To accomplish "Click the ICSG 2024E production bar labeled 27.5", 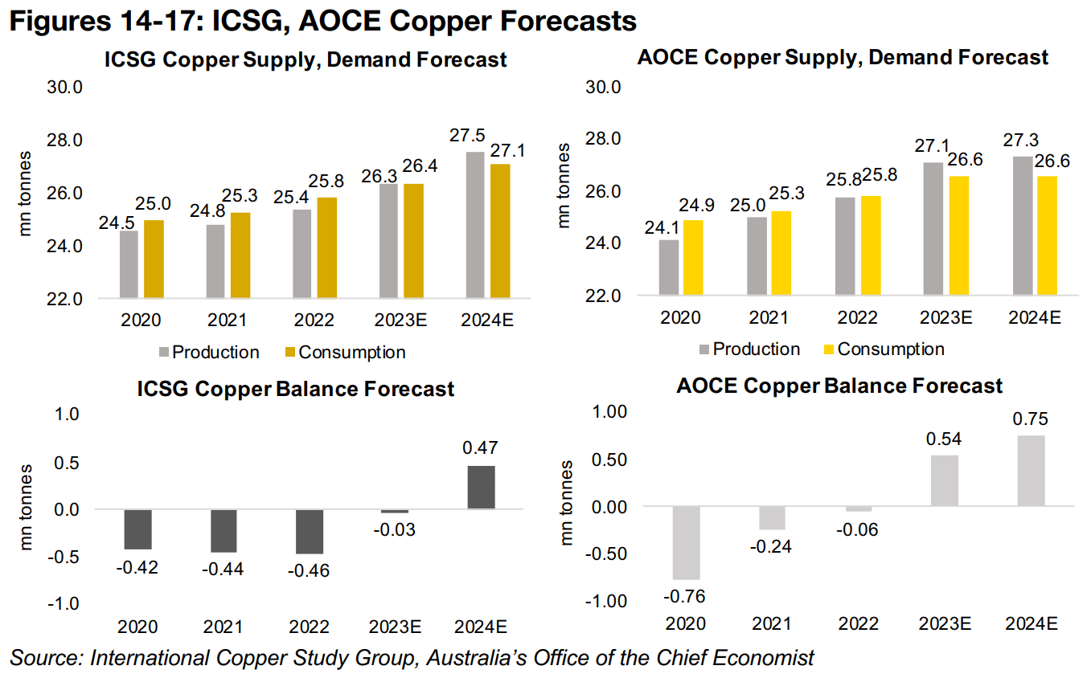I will pos(474,225).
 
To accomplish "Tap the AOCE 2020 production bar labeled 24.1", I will pos(669,267).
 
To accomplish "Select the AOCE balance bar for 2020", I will pos(686,543).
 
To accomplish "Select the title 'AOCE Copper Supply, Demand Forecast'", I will pos(842,57).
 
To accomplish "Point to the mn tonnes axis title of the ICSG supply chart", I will pos(26,193).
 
